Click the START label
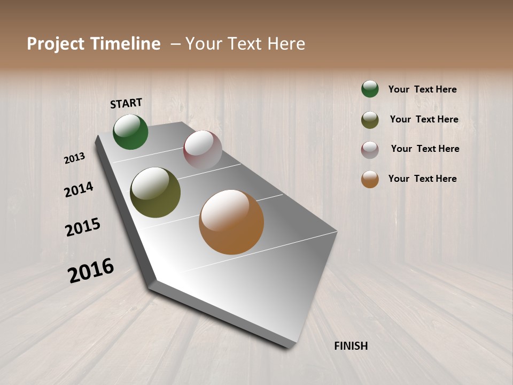tap(126, 103)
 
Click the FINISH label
tap(351, 346)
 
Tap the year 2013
tap(74, 158)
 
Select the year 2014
tap(79, 189)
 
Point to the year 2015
tap(83, 227)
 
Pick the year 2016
tap(91, 271)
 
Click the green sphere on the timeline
tap(131, 132)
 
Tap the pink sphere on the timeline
tap(203, 150)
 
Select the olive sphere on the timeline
tap(156, 192)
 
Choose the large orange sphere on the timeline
tap(231, 222)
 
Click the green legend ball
tap(370, 89)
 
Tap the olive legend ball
tap(370, 120)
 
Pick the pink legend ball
tap(370, 150)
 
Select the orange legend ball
tap(370, 179)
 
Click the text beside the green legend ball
tap(422, 90)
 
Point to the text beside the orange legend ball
tap(422, 179)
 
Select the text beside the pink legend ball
tap(425, 149)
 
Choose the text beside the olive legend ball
tap(424, 119)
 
